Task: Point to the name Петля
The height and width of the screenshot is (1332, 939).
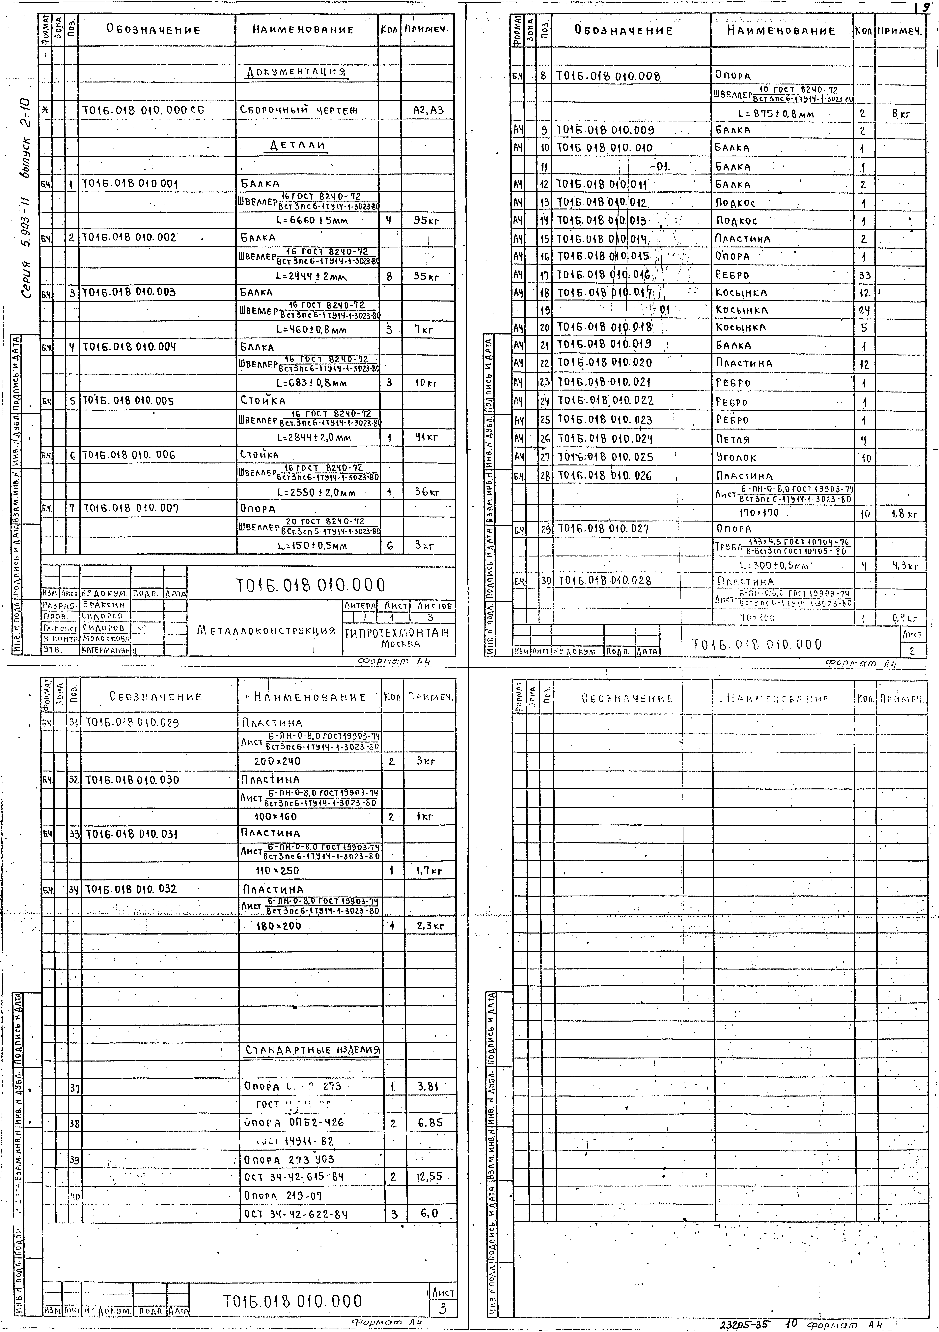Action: click(x=733, y=439)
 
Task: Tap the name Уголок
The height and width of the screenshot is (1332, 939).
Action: click(x=736, y=458)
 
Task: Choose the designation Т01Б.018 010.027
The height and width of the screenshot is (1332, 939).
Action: click(x=603, y=528)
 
